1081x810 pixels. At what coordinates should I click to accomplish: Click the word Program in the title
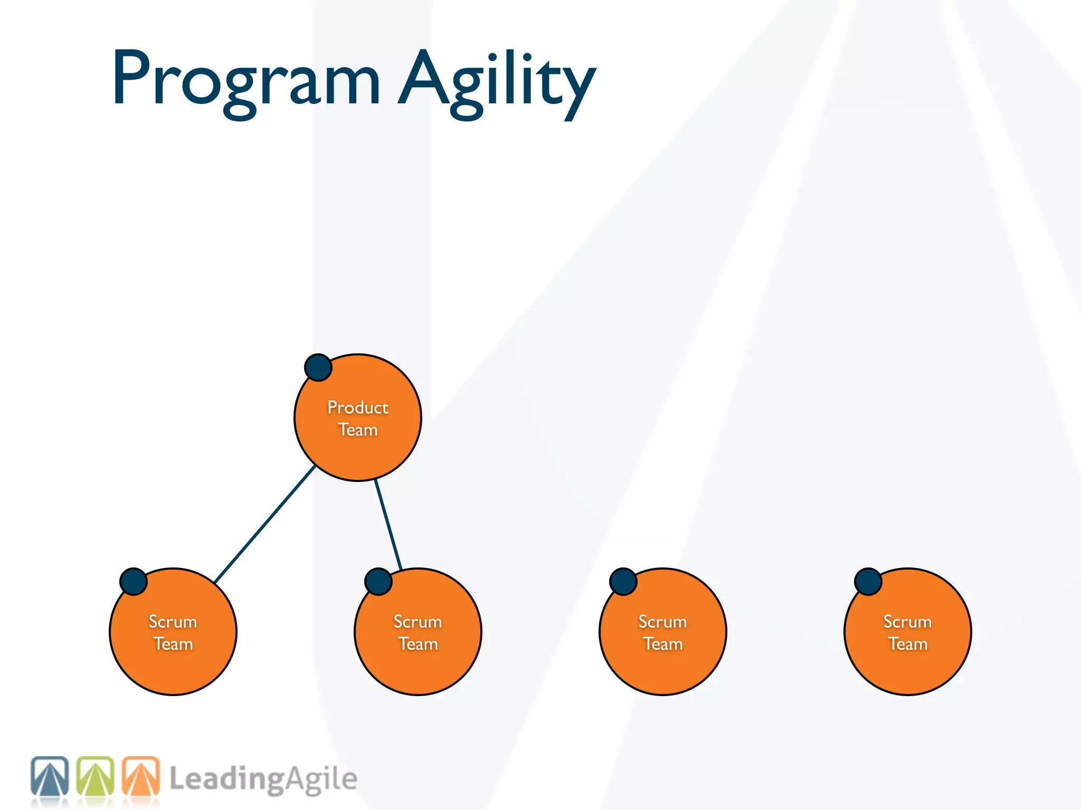[x=245, y=79]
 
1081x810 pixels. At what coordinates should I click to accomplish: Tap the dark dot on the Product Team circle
[x=318, y=368]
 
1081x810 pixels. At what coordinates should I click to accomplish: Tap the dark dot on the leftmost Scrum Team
[x=134, y=582]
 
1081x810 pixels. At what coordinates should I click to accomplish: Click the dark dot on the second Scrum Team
[x=378, y=582]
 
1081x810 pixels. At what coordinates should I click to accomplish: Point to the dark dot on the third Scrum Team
[x=623, y=582]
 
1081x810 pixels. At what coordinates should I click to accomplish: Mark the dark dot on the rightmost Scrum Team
[x=868, y=582]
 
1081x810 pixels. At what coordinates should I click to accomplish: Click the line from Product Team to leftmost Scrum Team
[x=264, y=525]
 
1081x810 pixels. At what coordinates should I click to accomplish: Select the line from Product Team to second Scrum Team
[x=388, y=525]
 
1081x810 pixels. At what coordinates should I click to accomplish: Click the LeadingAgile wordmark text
[x=263, y=779]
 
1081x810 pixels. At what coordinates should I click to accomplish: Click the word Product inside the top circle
[x=358, y=407]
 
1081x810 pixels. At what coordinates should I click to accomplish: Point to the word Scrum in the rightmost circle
[x=908, y=621]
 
